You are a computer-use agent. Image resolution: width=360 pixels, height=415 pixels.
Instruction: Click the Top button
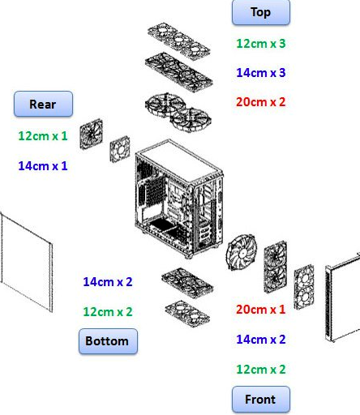(x=261, y=12)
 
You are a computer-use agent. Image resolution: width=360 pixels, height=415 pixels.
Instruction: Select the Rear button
(x=43, y=104)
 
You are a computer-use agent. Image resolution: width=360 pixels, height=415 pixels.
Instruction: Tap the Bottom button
(x=108, y=341)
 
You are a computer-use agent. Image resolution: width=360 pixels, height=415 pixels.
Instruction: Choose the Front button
(x=261, y=400)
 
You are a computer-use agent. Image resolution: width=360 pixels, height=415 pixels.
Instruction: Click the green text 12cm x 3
(x=261, y=44)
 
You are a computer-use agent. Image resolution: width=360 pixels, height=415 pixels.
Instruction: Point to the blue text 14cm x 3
(x=261, y=73)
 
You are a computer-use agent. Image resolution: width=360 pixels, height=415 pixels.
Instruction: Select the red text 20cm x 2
(x=261, y=102)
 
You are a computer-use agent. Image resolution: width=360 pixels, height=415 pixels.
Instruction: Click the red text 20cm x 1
(x=261, y=310)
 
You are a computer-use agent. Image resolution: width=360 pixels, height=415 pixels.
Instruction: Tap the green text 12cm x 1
(x=43, y=135)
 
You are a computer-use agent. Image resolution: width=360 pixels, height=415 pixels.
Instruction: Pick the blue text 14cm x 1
(x=43, y=165)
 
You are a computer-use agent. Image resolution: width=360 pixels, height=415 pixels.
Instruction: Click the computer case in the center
(x=179, y=199)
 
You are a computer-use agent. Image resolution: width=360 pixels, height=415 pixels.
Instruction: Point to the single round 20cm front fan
(x=242, y=252)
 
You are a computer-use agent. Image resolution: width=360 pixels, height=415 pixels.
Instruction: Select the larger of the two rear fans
(x=92, y=134)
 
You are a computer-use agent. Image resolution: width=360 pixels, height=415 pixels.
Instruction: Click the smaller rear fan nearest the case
(x=120, y=149)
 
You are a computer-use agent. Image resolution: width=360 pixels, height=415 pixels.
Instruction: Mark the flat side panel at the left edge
(x=26, y=262)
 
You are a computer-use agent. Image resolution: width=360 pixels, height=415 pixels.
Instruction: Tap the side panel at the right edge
(x=343, y=297)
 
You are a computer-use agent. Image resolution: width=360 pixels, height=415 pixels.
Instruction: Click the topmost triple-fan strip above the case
(x=179, y=41)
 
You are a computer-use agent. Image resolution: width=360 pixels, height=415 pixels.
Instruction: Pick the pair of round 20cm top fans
(x=178, y=113)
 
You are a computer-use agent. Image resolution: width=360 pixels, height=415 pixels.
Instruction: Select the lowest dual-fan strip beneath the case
(x=187, y=314)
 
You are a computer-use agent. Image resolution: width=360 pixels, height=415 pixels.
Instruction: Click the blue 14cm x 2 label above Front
(x=261, y=340)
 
